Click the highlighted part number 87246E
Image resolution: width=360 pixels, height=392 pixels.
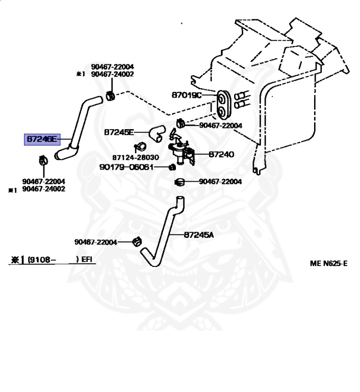(42, 139)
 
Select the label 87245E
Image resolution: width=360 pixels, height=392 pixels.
(119, 132)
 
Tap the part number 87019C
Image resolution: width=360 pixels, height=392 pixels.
(186, 95)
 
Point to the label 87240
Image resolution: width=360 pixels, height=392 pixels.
(221, 154)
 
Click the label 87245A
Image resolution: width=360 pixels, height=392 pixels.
(199, 235)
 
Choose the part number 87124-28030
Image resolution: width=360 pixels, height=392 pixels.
(136, 157)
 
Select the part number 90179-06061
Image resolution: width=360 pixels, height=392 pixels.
(126, 167)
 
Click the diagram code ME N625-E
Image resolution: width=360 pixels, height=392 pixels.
(328, 263)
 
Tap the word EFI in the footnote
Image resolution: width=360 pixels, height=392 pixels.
(87, 259)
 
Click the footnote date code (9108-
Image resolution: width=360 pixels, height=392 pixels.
(41, 260)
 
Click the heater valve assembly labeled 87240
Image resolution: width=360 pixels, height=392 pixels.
(181, 150)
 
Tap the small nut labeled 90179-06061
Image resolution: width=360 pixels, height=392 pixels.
(172, 167)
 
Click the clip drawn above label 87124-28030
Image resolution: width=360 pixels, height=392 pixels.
(140, 147)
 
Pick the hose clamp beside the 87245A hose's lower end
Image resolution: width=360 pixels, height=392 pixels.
(137, 241)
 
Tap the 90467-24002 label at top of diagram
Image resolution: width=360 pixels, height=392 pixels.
(112, 74)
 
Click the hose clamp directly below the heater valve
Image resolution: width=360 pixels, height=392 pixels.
(179, 182)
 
